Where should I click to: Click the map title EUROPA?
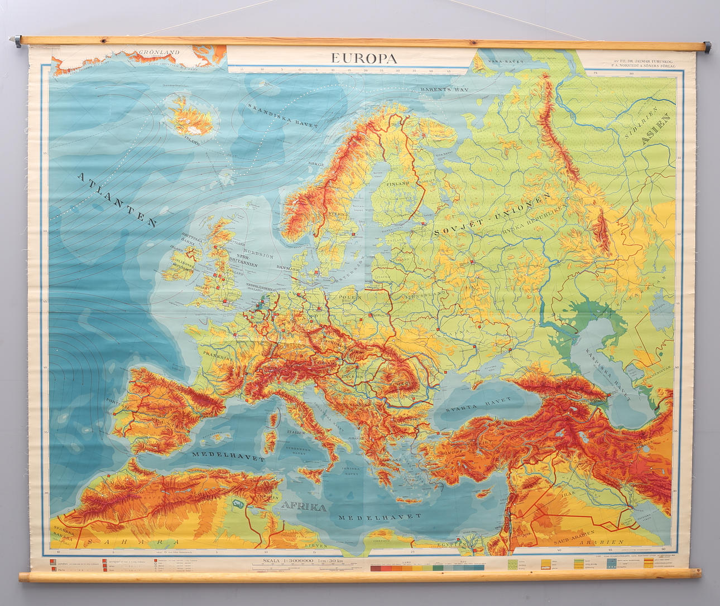(x=363, y=58)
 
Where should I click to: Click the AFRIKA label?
(x=304, y=507)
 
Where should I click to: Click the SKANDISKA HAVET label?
(x=283, y=115)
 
